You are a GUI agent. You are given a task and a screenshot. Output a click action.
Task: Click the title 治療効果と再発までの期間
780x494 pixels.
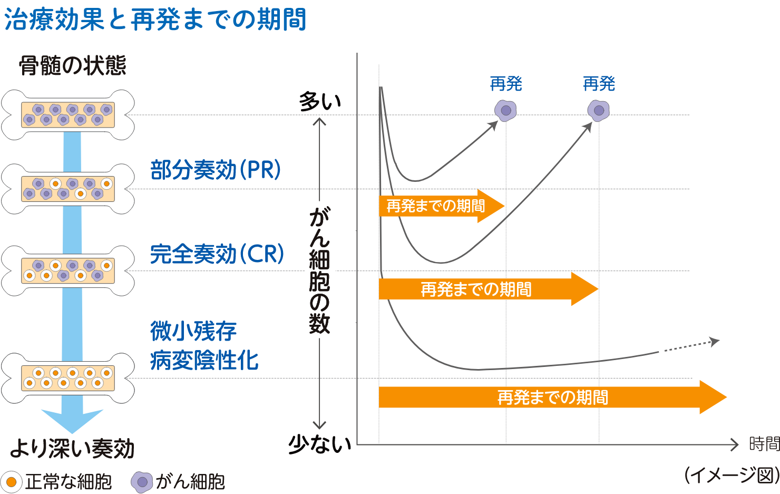tap(155, 20)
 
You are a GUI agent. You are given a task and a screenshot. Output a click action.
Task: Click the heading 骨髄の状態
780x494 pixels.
tap(72, 66)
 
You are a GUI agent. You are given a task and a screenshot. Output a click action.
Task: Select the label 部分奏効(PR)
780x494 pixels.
tap(216, 170)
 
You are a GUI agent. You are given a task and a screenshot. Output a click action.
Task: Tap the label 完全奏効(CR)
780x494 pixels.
tap(217, 254)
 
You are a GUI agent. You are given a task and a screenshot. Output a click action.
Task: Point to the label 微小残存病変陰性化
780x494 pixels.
tap(203, 346)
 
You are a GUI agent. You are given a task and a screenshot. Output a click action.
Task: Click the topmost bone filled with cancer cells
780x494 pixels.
tap(67, 115)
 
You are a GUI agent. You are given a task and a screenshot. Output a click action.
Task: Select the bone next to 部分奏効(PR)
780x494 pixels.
tap(67, 189)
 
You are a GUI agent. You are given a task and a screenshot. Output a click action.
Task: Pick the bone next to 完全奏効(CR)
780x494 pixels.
tap(67, 270)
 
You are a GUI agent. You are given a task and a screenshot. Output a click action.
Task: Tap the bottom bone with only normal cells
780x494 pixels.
tap(67, 378)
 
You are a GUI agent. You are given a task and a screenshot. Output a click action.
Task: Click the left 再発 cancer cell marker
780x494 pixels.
tap(505, 111)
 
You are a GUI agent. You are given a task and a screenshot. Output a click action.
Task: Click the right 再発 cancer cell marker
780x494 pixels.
tap(599, 111)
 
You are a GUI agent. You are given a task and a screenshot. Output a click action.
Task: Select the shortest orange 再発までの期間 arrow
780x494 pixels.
tap(441, 206)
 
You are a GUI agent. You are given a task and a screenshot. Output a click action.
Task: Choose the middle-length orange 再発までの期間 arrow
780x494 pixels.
tap(487, 289)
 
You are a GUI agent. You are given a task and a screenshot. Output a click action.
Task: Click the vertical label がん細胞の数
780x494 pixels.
tap(319, 269)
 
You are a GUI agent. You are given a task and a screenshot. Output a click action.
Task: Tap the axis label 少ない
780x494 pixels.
tap(319, 445)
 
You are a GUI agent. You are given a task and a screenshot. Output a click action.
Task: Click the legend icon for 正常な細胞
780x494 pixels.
tap(12, 481)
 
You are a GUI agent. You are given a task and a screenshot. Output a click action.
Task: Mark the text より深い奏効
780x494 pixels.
tap(72, 448)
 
